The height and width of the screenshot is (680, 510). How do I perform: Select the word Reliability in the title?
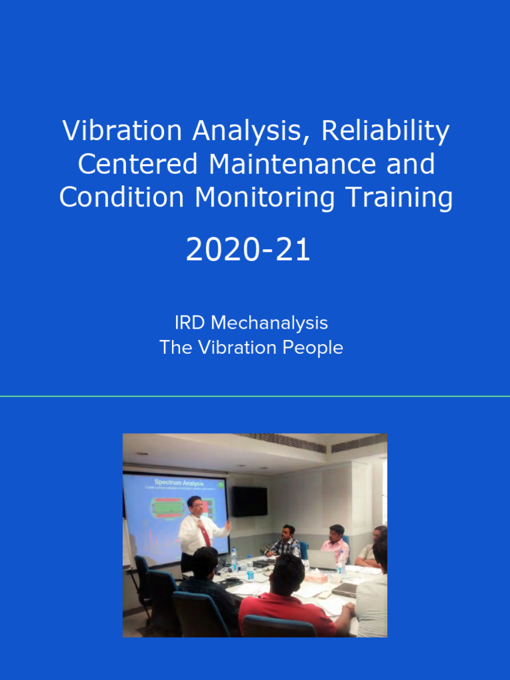tap(385, 131)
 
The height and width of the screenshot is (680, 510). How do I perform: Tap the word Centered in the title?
tap(139, 165)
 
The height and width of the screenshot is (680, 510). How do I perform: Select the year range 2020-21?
tap(248, 250)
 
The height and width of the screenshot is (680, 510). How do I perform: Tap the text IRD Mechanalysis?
tap(251, 323)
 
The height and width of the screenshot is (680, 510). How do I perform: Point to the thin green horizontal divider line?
tap(255, 396)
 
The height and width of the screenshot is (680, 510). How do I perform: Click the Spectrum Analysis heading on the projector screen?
tap(179, 482)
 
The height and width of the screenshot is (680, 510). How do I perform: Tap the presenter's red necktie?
tap(206, 535)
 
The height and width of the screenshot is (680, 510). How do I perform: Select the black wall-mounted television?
tap(249, 501)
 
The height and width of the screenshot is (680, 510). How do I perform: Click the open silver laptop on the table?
tap(323, 560)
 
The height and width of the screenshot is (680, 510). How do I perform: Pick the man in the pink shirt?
tap(336, 545)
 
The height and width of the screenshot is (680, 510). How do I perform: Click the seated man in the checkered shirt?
tap(286, 543)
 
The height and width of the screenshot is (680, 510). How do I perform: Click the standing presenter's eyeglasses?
tap(195, 504)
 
